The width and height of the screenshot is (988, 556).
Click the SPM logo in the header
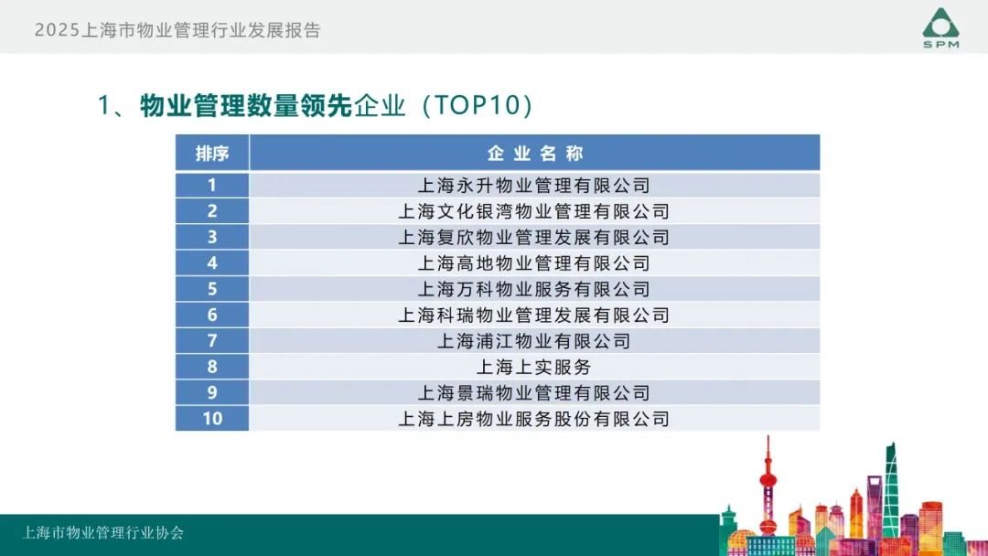(940, 27)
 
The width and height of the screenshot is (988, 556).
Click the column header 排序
(212, 153)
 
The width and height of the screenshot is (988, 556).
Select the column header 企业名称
(535, 153)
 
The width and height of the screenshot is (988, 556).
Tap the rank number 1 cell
(212, 185)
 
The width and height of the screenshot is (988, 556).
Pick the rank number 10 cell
(212, 418)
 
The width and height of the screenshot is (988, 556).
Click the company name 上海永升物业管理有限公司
(534, 185)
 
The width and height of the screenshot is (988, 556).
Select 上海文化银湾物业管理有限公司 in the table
(534, 211)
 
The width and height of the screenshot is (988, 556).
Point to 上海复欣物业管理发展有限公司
(534, 237)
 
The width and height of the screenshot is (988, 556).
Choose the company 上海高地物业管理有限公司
(534, 263)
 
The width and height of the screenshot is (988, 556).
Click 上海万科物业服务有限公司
(534, 289)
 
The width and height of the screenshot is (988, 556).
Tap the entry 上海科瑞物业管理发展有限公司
(534, 315)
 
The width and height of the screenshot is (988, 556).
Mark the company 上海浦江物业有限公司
(534, 341)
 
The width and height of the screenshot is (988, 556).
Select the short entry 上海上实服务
(534, 367)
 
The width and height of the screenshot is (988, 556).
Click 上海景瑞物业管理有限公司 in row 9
(534, 393)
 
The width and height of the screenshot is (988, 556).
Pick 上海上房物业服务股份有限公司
(534, 419)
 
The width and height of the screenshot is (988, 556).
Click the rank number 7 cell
(212, 341)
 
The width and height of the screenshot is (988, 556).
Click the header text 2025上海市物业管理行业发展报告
(177, 30)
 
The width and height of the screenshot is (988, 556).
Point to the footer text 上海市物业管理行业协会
(103, 533)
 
